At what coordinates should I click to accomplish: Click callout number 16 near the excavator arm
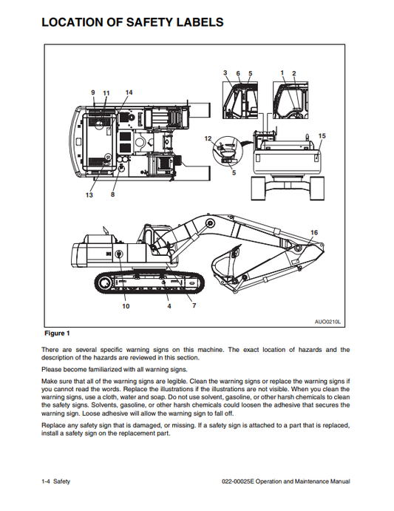[314, 233]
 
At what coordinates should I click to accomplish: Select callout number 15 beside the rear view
[321, 136]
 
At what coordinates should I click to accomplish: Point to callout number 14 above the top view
[129, 92]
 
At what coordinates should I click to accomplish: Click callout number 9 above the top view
[93, 92]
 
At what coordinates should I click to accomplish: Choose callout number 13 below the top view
[89, 195]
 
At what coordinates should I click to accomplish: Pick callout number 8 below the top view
[113, 195]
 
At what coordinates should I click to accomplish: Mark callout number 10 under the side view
[125, 305]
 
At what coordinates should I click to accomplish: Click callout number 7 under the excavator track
[194, 305]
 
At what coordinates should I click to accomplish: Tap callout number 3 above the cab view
[225, 72]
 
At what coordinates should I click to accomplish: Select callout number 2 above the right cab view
[293, 72]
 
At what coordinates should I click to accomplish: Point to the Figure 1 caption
[57, 334]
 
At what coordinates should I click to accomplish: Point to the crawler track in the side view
[148, 284]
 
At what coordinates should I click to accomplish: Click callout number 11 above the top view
[106, 92]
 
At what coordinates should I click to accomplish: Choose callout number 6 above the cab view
[238, 72]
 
